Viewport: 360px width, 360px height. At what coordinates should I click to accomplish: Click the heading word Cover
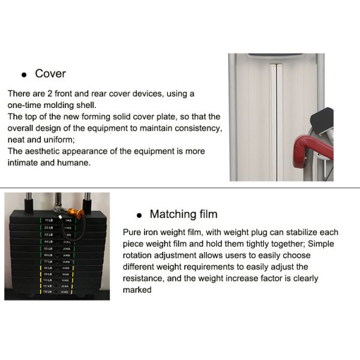(50, 74)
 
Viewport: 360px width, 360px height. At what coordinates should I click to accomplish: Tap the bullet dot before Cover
(24, 76)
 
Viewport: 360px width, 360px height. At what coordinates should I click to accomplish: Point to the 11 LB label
(49, 221)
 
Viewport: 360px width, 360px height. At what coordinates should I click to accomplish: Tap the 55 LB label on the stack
(48, 248)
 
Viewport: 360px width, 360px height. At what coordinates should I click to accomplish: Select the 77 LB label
(48, 262)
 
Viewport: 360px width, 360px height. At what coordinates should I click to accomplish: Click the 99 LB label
(48, 275)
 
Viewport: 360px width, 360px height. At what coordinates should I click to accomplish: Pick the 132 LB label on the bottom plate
(48, 292)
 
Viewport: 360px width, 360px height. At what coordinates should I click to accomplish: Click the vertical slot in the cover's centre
(275, 120)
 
